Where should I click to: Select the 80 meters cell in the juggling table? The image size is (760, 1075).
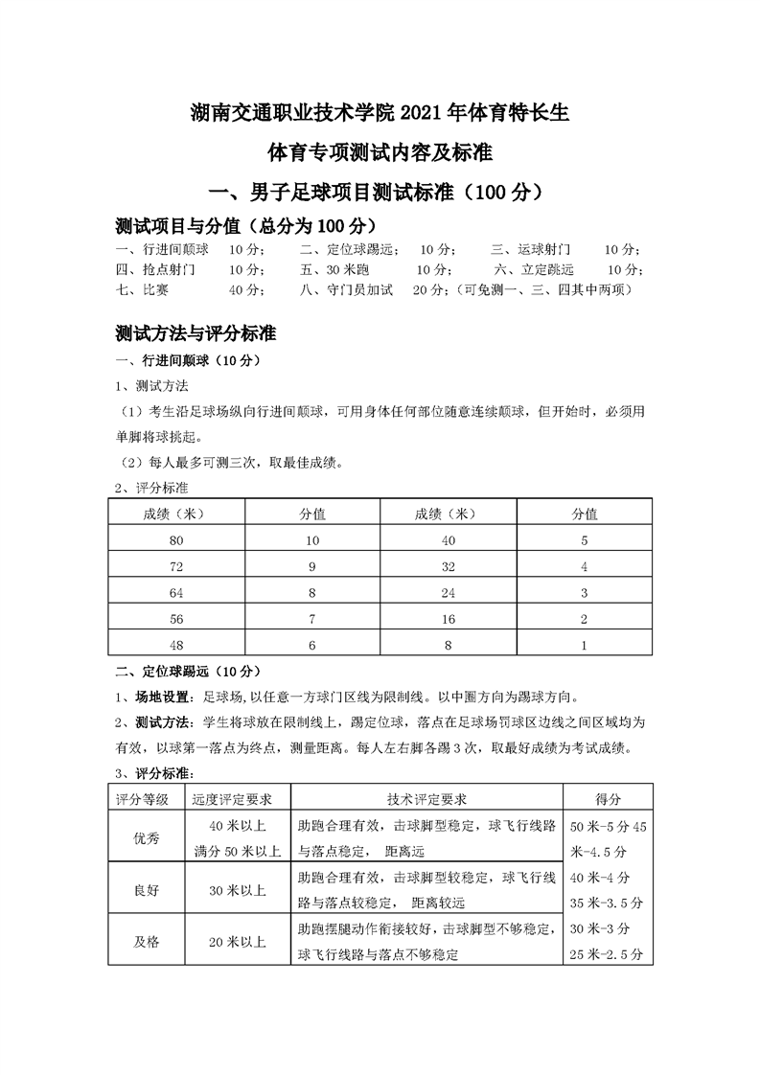(175, 540)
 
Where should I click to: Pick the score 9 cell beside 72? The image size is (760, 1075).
(311, 567)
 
